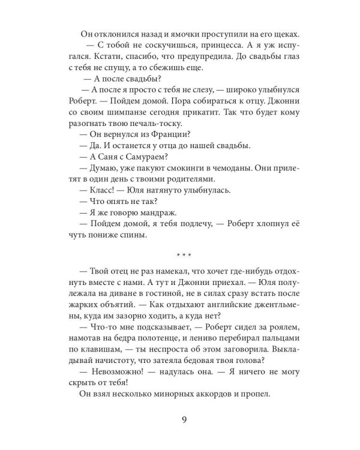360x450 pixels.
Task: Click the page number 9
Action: [179, 420]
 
